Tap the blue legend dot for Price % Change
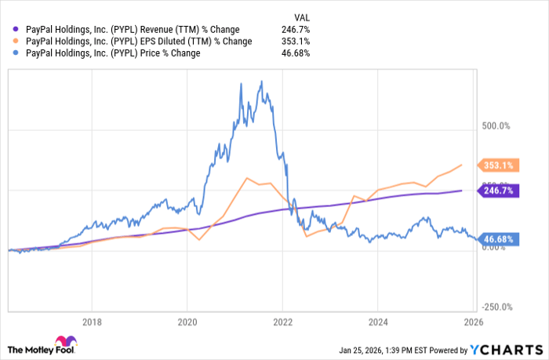click(x=12, y=53)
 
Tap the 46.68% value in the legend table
click(x=295, y=53)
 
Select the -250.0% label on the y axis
click(x=494, y=307)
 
